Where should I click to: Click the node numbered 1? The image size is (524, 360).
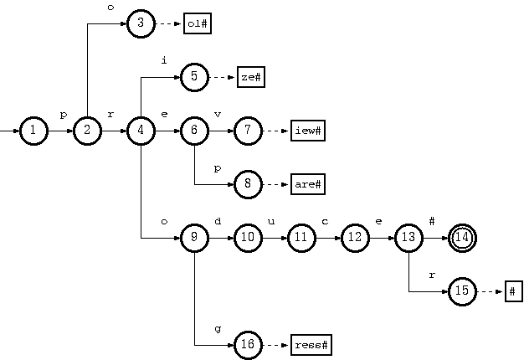(x=33, y=131)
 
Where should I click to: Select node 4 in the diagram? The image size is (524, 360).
(x=141, y=131)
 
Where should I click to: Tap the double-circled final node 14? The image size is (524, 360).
(x=462, y=238)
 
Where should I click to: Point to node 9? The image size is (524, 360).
(x=194, y=238)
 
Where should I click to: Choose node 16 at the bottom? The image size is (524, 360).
(x=248, y=345)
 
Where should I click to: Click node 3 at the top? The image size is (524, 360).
(x=141, y=23)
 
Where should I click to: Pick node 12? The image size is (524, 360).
(x=355, y=238)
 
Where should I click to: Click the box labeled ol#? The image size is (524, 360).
(x=197, y=23)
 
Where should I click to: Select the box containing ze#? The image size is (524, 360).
(x=250, y=77)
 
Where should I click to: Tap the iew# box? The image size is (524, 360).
(x=307, y=131)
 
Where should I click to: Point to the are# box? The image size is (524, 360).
(x=307, y=184)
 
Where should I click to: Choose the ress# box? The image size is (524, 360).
(x=311, y=345)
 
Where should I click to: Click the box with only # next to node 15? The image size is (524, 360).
(x=513, y=291)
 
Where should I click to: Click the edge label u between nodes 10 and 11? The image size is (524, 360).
(x=271, y=222)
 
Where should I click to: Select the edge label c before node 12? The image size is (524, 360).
(x=325, y=222)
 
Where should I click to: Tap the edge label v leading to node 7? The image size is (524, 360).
(x=218, y=115)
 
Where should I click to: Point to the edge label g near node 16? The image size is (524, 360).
(x=218, y=329)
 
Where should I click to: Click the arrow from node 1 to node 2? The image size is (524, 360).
(x=59, y=131)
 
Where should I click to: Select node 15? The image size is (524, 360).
(x=462, y=291)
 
